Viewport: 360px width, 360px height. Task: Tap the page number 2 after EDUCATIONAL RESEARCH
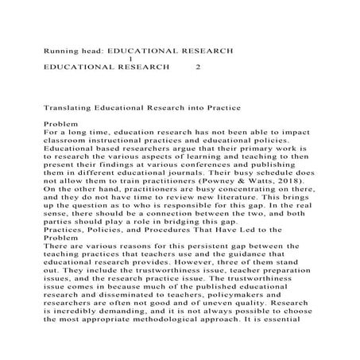198,67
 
